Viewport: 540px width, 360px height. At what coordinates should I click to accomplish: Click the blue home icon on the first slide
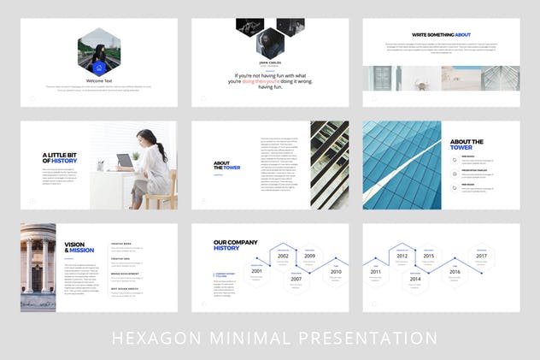(x=98, y=67)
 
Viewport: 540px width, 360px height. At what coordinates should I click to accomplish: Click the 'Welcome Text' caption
(x=98, y=80)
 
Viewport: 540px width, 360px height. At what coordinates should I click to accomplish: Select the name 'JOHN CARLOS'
(x=269, y=62)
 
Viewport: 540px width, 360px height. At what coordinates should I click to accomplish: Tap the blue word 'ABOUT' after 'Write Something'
(x=462, y=35)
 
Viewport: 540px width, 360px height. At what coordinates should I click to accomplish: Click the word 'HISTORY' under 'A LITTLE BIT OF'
(x=64, y=161)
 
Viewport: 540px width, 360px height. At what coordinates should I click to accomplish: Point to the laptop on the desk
(x=125, y=161)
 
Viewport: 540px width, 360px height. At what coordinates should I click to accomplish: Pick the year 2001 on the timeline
(x=256, y=270)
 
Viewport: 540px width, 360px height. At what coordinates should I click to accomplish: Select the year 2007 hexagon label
(x=296, y=279)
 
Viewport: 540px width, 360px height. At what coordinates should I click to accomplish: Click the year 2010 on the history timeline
(x=336, y=271)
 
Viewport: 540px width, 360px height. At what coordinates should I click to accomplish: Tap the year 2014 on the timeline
(x=415, y=279)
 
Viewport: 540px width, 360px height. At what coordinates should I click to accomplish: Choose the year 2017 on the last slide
(x=481, y=256)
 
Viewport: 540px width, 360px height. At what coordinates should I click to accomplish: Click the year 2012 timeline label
(x=402, y=256)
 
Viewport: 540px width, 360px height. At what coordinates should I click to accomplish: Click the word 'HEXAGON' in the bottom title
(x=151, y=338)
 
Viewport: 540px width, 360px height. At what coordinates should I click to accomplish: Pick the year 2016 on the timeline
(x=455, y=271)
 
